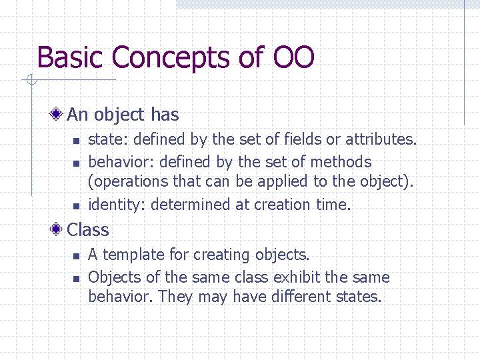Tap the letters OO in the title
coord(293,58)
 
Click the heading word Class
coord(88,230)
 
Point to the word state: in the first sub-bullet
coord(105,139)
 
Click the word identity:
coord(117,205)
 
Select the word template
coord(133,255)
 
